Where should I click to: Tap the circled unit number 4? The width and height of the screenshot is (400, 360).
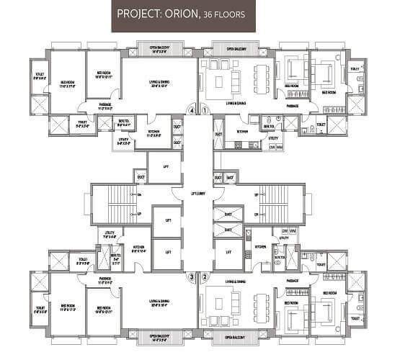tap(191, 111)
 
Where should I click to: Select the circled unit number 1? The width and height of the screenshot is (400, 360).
tap(205, 111)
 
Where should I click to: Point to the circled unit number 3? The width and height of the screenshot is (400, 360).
tap(191, 276)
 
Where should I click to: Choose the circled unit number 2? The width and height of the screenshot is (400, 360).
tap(205, 276)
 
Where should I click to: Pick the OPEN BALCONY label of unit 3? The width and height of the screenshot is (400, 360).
tap(159, 336)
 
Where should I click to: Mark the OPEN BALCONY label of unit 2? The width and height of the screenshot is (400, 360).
tap(237, 336)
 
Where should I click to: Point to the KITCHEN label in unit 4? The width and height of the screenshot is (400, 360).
tap(154, 131)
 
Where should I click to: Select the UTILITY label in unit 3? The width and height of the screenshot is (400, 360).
tap(111, 234)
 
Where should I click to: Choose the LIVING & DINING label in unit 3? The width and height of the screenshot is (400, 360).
tap(159, 303)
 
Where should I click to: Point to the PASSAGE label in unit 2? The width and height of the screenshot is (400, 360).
tap(293, 280)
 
